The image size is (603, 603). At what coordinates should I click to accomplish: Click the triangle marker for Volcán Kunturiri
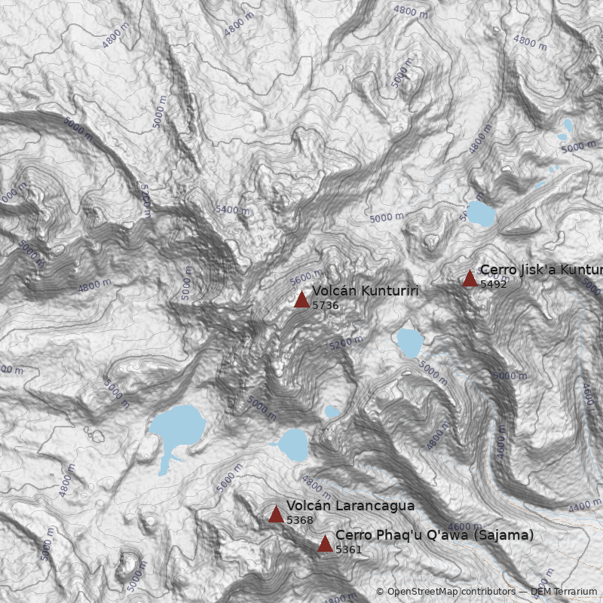pyautogui.click(x=301, y=300)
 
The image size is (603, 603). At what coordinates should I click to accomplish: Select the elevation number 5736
pyautogui.click(x=325, y=306)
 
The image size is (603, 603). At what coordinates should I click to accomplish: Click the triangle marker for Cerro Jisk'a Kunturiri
pyautogui.click(x=470, y=279)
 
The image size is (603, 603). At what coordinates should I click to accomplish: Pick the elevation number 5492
pyautogui.click(x=493, y=285)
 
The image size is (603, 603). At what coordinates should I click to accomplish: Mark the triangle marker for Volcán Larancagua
pyautogui.click(x=276, y=515)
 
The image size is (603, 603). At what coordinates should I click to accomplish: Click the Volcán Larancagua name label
pyautogui.click(x=350, y=506)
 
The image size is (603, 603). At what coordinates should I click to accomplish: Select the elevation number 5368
pyautogui.click(x=299, y=521)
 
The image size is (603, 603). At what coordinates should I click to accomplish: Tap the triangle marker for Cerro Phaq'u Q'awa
pyautogui.click(x=325, y=544)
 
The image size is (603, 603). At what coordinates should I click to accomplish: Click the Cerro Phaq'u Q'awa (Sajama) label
pyautogui.click(x=434, y=535)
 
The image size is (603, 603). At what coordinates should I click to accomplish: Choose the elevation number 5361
pyautogui.click(x=348, y=550)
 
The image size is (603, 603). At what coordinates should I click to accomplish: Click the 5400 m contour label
pyautogui.click(x=231, y=210)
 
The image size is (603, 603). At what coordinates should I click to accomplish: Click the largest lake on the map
pyautogui.click(x=178, y=428)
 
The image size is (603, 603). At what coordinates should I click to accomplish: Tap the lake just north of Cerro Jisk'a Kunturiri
pyautogui.click(x=480, y=214)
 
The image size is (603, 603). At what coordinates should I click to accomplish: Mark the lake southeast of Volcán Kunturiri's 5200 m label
pyautogui.click(x=409, y=342)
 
